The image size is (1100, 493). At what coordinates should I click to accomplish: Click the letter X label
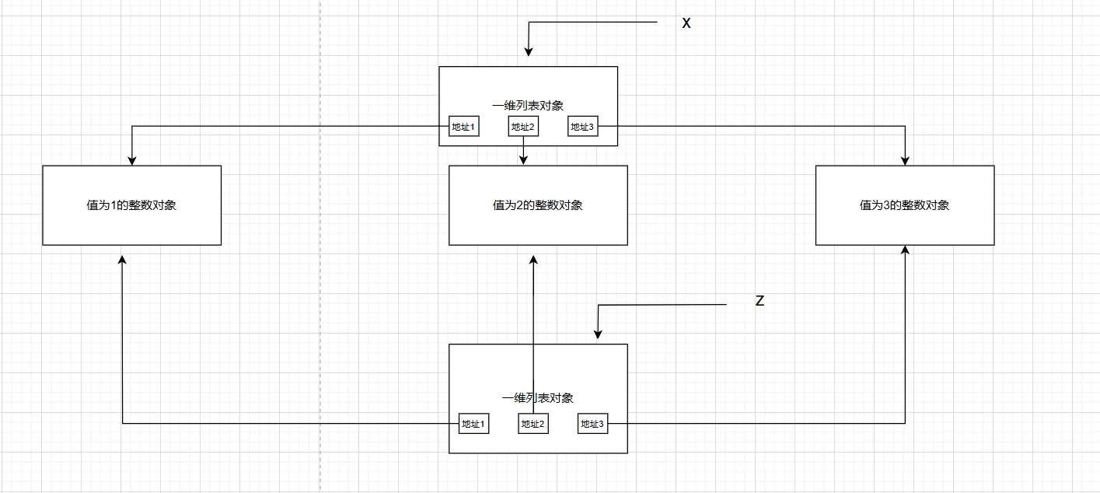point(686,23)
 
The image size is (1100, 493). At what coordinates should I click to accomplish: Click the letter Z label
point(760,301)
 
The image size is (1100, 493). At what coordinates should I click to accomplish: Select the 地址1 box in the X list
point(463,127)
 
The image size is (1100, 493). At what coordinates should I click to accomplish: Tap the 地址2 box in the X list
point(523,127)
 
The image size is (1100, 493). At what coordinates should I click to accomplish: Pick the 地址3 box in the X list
point(582,127)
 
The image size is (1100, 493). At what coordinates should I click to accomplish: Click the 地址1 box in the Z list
point(473,424)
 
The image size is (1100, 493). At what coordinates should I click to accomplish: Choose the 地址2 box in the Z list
point(533,424)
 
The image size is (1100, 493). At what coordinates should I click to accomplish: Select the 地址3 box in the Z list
point(592,424)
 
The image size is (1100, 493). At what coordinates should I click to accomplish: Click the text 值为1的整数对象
point(131,206)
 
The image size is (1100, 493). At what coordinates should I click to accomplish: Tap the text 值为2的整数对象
point(538,206)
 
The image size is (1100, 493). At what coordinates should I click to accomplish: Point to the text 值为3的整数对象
point(905,206)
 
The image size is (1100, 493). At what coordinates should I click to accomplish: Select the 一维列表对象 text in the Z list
point(538,398)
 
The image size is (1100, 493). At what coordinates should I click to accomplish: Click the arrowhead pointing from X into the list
point(529,52)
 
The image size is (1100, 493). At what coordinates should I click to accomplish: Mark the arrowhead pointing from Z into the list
point(598,334)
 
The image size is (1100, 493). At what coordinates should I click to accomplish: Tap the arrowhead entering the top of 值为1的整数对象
point(132,160)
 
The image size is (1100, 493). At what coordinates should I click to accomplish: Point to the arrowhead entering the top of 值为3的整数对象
point(906,160)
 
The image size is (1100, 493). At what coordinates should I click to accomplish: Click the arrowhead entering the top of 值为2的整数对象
point(523,160)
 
